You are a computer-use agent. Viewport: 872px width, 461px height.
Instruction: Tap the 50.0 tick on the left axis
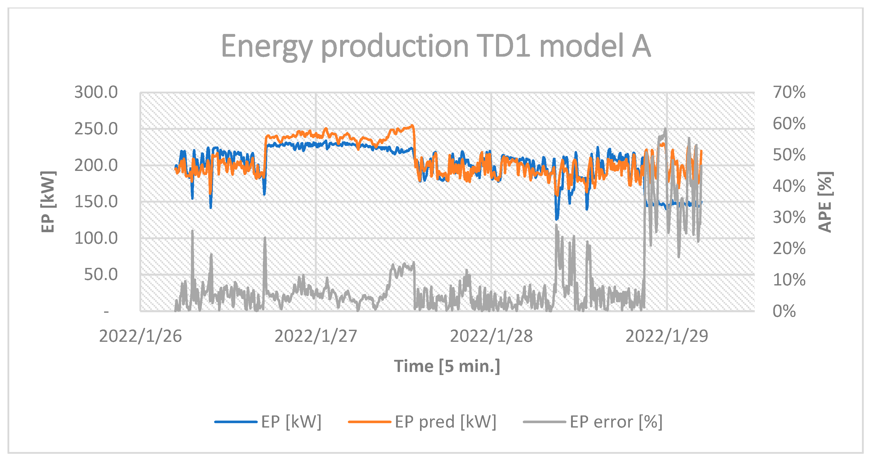(100, 274)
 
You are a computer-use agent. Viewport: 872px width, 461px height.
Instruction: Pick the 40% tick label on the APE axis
(789, 186)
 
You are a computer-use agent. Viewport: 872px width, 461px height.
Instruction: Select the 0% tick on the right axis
(784, 311)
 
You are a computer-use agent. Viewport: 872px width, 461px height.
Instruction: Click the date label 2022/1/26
(140, 336)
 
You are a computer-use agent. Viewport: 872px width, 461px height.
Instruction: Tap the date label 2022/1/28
(491, 336)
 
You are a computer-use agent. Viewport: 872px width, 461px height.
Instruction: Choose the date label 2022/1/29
(667, 336)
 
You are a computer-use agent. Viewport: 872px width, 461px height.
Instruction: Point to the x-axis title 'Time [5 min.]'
(447, 366)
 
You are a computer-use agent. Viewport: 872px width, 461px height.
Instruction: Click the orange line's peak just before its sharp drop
(412, 125)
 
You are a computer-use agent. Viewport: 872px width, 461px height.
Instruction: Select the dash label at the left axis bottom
(106, 311)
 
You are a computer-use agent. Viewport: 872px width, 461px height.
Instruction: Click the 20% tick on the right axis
(789, 249)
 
